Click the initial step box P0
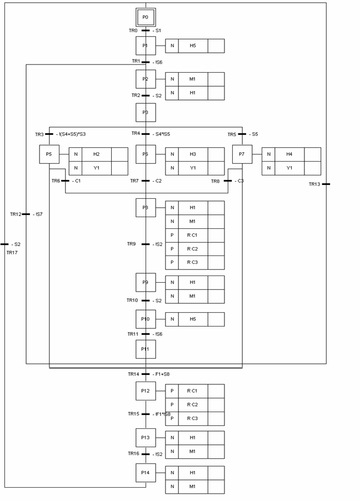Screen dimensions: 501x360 click(146, 17)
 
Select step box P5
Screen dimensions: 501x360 click(49, 154)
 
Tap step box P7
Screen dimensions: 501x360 click(242, 154)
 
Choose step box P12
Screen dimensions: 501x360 click(146, 391)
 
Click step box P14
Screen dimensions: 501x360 click(146, 473)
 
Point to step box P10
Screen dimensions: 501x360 click(146, 319)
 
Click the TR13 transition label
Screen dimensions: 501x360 click(314, 184)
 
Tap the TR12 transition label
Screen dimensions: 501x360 click(16, 214)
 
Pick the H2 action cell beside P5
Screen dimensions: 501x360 click(96, 154)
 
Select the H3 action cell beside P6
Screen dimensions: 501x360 click(193, 154)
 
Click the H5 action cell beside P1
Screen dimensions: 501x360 click(193, 46)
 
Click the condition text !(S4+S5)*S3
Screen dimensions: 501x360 click(72, 134)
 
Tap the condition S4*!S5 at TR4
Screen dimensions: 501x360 click(162, 134)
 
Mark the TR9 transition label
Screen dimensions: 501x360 click(131, 244)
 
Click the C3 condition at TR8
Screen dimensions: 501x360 click(240, 181)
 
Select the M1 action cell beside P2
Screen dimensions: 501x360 click(193, 79)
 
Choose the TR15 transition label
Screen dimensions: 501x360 click(133, 414)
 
